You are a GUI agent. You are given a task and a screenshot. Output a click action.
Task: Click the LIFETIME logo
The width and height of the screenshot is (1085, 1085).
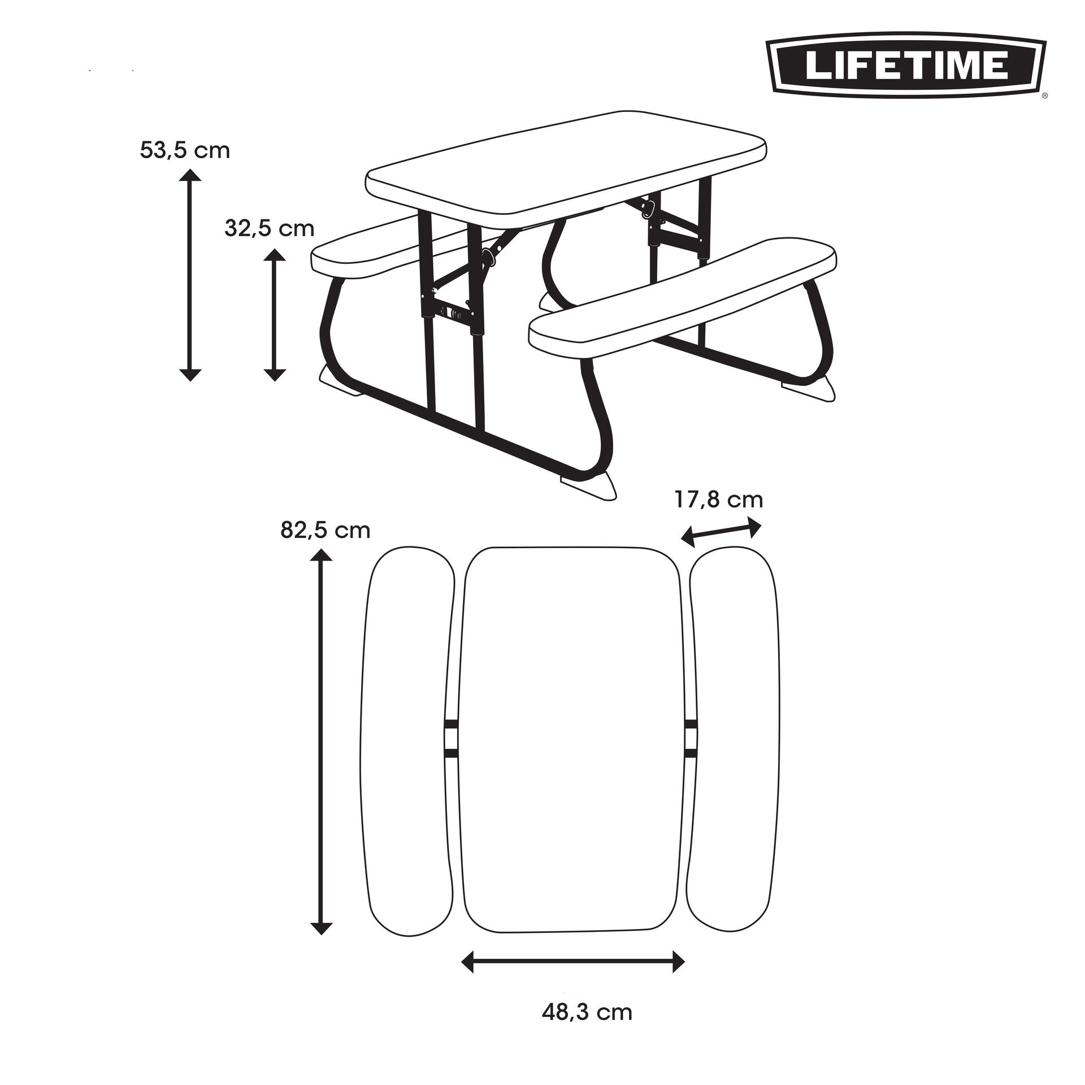[x=905, y=66]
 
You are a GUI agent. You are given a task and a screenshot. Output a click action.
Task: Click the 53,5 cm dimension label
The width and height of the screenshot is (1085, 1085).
[x=185, y=151]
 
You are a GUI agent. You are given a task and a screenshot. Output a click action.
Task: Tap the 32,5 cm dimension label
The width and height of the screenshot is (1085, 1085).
[x=270, y=228]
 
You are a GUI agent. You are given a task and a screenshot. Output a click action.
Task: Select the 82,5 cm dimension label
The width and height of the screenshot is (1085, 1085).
[x=325, y=530]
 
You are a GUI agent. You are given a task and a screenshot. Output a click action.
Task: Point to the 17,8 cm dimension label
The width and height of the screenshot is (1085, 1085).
[x=718, y=500]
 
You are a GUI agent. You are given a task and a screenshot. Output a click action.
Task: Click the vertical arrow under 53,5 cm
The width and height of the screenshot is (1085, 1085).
[x=190, y=275]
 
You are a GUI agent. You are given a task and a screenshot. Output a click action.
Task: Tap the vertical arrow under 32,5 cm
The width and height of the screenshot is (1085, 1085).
[x=275, y=315]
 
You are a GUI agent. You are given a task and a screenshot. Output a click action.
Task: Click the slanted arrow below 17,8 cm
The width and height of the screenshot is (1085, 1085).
[x=721, y=531]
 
